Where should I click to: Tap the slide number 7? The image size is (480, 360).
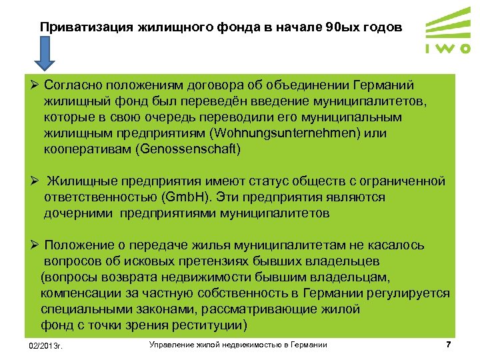tap(448, 345)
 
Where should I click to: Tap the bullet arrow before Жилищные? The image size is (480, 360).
tap(32, 181)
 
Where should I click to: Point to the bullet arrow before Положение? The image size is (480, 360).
tap(32, 245)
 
